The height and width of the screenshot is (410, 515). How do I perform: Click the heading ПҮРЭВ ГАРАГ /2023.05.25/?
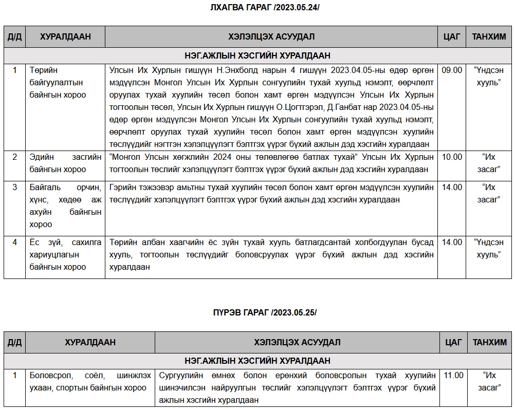click(x=265, y=313)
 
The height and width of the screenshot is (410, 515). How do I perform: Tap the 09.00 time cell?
click(x=452, y=70)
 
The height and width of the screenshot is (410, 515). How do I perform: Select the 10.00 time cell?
click(x=452, y=157)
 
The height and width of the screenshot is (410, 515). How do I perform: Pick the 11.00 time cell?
click(x=453, y=376)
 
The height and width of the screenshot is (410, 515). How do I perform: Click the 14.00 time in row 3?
click(x=452, y=188)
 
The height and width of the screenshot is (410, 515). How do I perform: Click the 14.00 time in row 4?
click(x=452, y=243)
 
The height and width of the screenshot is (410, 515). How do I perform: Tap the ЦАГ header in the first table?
click(x=452, y=37)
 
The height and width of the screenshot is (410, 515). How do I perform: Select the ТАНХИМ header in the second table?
click(x=489, y=342)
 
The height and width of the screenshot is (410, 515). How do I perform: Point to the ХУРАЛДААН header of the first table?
click(x=65, y=37)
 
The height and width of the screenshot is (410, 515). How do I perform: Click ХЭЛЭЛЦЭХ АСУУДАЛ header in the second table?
click(x=297, y=342)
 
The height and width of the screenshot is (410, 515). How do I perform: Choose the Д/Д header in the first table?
click(x=14, y=37)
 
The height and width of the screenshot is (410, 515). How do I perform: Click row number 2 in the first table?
click(x=14, y=157)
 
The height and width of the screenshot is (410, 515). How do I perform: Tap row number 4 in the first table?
click(x=14, y=243)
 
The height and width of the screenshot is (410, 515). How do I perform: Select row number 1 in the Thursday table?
click(x=14, y=376)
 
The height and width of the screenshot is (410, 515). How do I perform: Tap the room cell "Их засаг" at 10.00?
click(x=488, y=163)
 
